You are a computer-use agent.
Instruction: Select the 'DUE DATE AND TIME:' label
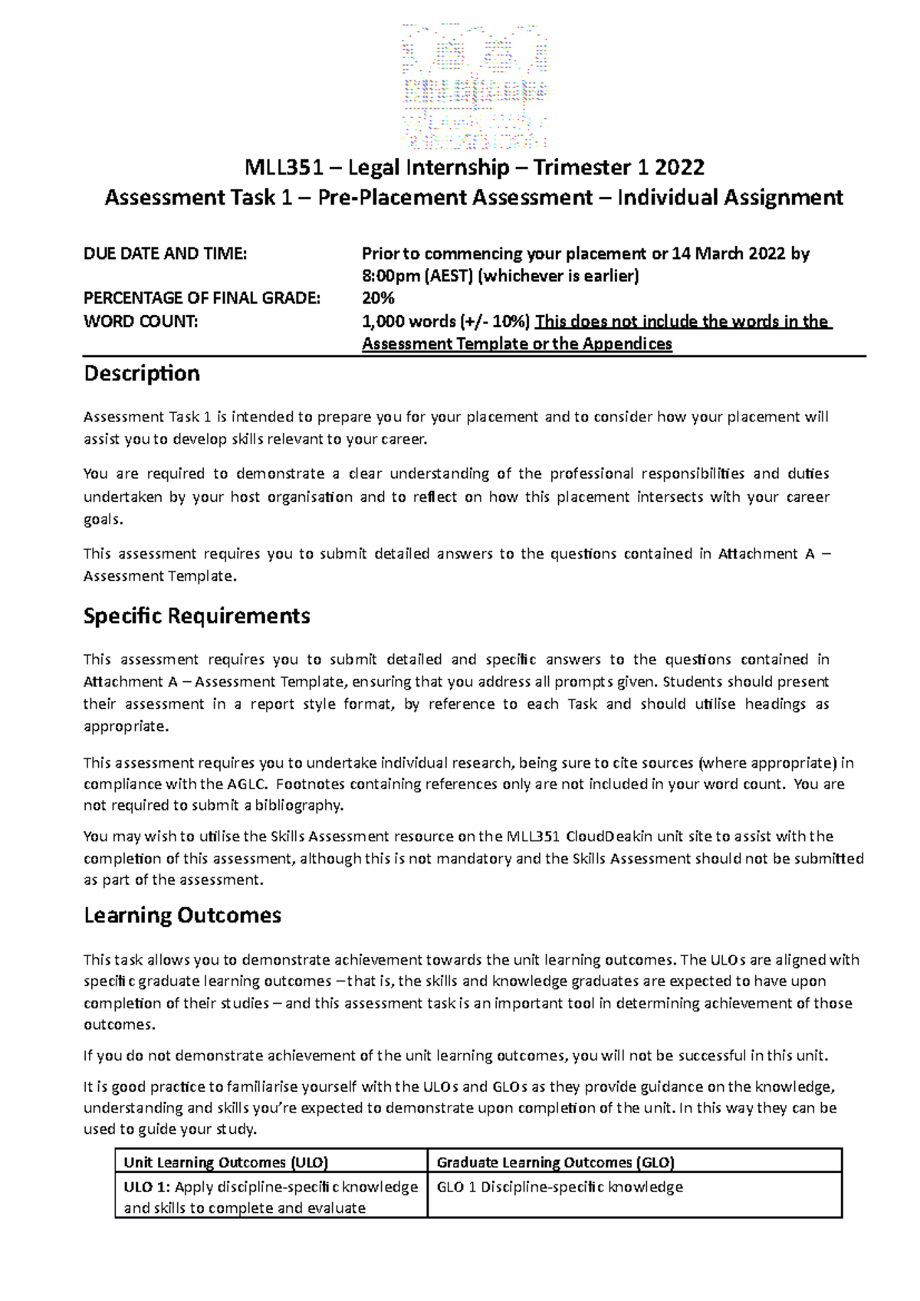(x=165, y=254)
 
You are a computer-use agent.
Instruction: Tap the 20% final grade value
(x=378, y=298)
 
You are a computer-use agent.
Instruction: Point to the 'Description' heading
(x=141, y=374)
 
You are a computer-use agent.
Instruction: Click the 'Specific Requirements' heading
(x=196, y=616)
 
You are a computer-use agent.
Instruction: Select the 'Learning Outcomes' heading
(x=182, y=916)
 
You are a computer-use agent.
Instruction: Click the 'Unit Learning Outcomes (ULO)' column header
(x=225, y=1162)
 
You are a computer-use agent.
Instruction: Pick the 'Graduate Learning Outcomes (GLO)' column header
(x=555, y=1162)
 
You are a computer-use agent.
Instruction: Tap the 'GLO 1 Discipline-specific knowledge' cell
(x=559, y=1187)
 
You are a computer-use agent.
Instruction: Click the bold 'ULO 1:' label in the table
(x=147, y=1187)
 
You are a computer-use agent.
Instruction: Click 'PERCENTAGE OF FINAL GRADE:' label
(x=201, y=298)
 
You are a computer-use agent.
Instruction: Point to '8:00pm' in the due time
(x=386, y=276)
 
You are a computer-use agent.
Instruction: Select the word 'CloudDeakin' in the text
(x=610, y=836)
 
